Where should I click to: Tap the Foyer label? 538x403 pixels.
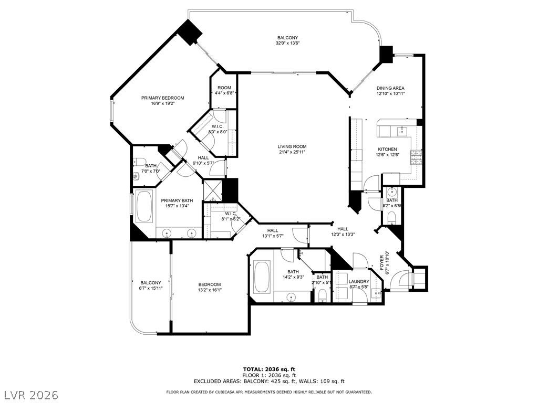coord(388,262)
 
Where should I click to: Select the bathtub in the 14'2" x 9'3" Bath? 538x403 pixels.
coord(261,277)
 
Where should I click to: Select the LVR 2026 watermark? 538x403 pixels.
coord(30,394)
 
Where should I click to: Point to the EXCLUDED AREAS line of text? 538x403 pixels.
coord(268,381)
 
